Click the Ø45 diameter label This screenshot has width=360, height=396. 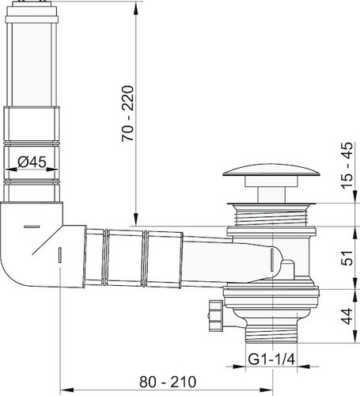point(32,162)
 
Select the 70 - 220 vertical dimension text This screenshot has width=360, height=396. point(128,114)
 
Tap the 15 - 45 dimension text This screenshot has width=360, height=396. point(347,166)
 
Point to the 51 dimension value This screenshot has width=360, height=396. point(347,258)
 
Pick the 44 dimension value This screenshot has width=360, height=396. point(347,316)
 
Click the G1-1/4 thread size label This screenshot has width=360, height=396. point(271,359)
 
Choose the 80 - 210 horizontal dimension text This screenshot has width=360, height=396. point(168,382)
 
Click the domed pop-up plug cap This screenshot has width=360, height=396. point(271,170)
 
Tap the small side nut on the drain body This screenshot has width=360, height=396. point(216,315)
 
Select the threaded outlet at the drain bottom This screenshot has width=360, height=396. point(271,334)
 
